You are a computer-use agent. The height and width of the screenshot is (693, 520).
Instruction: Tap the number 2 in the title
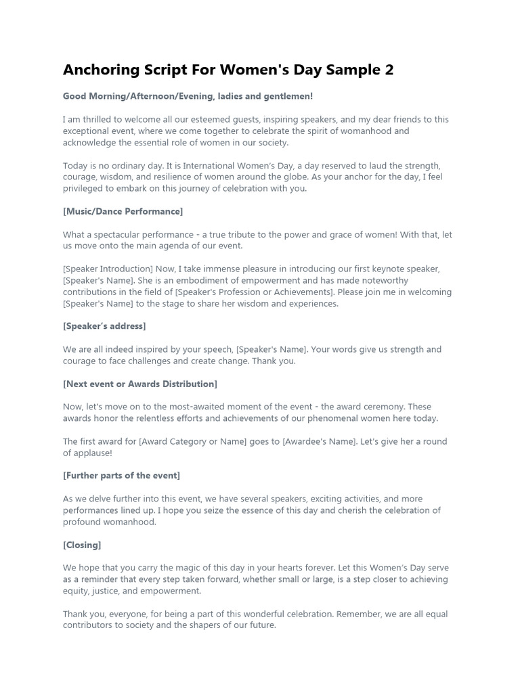coord(389,70)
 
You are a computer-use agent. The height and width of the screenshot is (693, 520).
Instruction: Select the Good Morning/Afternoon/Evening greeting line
coord(188,97)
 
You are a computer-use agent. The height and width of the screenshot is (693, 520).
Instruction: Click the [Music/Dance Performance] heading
coord(123,211)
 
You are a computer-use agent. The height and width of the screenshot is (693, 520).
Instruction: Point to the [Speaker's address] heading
coord(104,326)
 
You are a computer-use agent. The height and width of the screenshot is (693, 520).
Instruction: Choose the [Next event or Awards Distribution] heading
coord(140,384)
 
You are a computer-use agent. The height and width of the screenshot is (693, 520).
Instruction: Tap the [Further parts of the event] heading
coord(121,475)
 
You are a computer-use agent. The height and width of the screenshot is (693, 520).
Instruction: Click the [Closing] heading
coord(82,545)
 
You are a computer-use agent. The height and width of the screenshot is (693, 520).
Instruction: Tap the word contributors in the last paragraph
coord(89,625)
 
